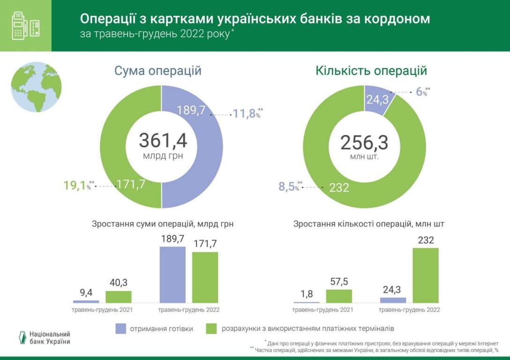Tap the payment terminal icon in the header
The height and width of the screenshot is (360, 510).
point(25,26)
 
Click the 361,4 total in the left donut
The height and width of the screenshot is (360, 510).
point(162,141)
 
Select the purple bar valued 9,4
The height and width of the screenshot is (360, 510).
point(86,301)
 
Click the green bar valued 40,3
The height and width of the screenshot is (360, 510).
point(118,297)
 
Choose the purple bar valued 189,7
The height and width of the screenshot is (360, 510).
point(172,275)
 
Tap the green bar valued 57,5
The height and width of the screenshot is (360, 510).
point(339,296)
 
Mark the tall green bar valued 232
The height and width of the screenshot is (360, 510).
point(425,275)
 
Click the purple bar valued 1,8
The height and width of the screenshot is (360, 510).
point(307,302)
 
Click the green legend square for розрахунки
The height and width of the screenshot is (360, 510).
point(212,329)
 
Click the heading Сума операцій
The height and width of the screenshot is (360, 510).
point(158,71)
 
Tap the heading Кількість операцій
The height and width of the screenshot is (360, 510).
point(371,71)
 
